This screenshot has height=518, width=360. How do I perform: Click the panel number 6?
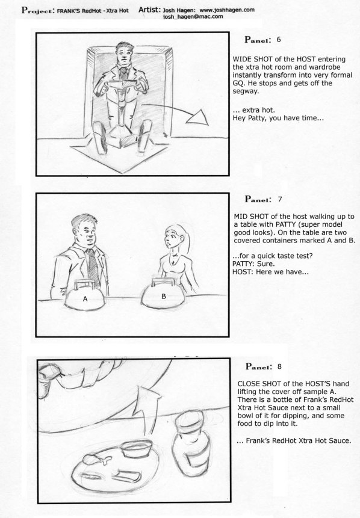click(279, 40)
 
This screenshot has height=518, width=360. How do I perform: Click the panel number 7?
click(280, 199)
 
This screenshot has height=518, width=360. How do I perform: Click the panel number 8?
click(280, 366)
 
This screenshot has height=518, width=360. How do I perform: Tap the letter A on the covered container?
click(85, 299)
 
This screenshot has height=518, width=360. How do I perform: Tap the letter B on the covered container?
click(163, 297)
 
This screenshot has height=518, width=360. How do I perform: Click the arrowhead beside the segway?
click(197, 117)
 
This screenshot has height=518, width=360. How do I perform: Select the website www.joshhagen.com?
click(227, 10)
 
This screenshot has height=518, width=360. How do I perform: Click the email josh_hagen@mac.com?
click(193, 16)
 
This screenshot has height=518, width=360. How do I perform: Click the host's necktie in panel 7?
click(93, 266)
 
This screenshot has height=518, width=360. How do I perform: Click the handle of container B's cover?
click(162, 283)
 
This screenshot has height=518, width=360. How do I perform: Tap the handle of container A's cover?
click(85, 285)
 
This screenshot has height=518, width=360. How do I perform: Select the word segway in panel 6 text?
click(245, 91)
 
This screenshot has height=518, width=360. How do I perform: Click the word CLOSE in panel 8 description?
click(249, 384)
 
